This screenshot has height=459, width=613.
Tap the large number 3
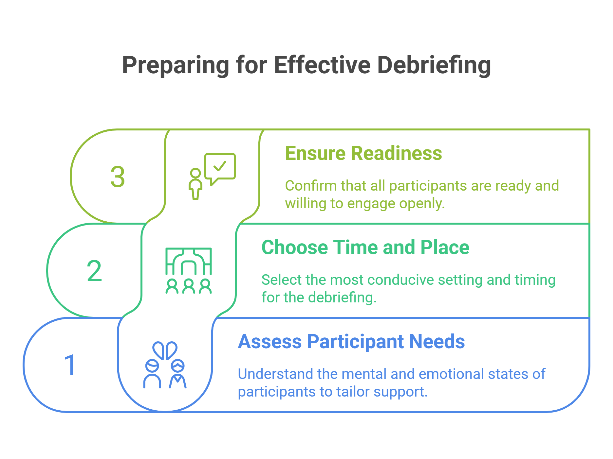[118, 177]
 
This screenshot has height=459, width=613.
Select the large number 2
[94, 271]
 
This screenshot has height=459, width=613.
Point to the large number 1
[70, 365]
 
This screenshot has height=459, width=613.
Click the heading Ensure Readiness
[363, 153]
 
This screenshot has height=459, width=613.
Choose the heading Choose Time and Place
[365, 247]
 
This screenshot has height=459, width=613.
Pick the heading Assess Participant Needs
[351, 342]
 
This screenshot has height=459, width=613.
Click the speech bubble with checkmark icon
[220, 167]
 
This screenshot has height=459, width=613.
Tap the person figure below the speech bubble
[195, 184]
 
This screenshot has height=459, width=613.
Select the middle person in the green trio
[189, 286]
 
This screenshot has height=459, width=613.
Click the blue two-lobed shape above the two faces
[165, 350]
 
